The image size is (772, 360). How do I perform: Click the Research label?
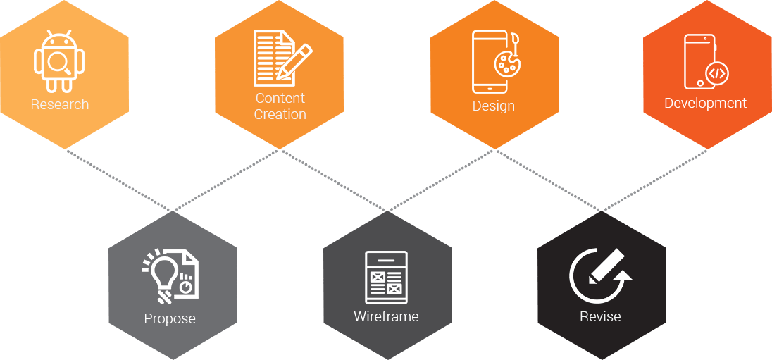coord(60,105)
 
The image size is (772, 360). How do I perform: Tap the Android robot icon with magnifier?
coord(59,61)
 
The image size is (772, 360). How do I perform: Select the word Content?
coord(280,98)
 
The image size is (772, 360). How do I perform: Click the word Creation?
coord(280,114)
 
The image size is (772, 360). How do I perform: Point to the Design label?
coord(493,106)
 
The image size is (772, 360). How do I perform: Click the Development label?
coord(705,103)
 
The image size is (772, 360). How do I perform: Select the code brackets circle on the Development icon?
coord(717,73)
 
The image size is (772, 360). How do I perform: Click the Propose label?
coord(170,319)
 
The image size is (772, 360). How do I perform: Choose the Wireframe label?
coord(386,316)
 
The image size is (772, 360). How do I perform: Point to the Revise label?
coord(600,316)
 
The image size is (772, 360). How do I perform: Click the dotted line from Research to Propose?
coord(120,180)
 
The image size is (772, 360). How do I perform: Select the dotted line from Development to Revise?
coord(655,180)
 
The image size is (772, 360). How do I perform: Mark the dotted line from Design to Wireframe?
coord(442,180)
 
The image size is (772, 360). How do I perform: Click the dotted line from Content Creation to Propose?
coord(227,180)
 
